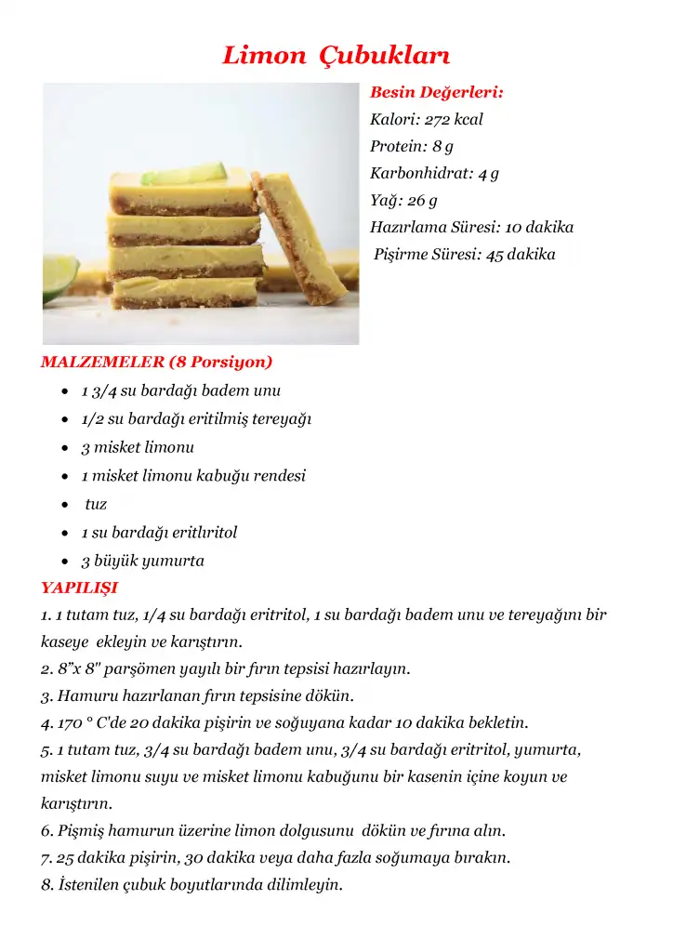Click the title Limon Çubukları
(336, 55)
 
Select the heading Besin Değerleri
(437, 93)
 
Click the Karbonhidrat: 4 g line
(434, 174)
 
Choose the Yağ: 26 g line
(403, 201)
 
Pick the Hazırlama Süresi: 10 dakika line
(471, 228)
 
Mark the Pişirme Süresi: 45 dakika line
(465, 255)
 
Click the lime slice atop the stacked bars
(197, 173)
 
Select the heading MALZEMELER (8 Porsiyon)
(156, 363)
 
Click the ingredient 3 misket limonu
(138, 448)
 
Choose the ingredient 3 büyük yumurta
(142, 562)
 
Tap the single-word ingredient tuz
(96, 505)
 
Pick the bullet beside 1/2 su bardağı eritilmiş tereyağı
(63, 420)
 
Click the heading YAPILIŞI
(79, 588)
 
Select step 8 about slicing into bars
(191, 884)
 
